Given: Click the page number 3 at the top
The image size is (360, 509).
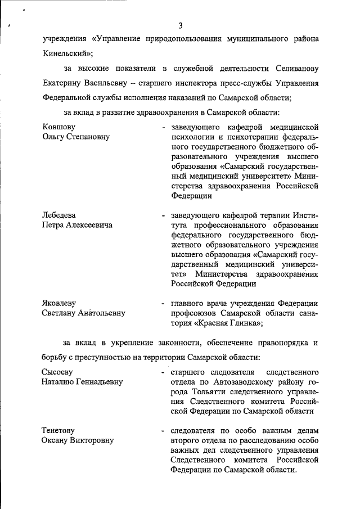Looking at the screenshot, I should tap(181, 24).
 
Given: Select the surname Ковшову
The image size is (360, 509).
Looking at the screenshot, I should tap(58, 127).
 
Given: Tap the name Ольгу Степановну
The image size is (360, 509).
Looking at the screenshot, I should tap(75, 137).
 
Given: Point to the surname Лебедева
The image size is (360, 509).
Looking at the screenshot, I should tap(59, 215).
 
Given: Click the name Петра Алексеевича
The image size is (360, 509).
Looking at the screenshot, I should tap(77, 225).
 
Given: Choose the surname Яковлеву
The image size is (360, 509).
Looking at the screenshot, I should tap(59, 303).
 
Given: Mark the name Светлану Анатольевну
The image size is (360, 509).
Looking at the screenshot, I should tap(84, 313).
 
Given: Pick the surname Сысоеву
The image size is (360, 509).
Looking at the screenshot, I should tap(58, 372).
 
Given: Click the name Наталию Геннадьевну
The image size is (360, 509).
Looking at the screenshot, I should tap(82, 382).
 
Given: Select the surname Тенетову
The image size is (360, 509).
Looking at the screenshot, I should tap(58, 431).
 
